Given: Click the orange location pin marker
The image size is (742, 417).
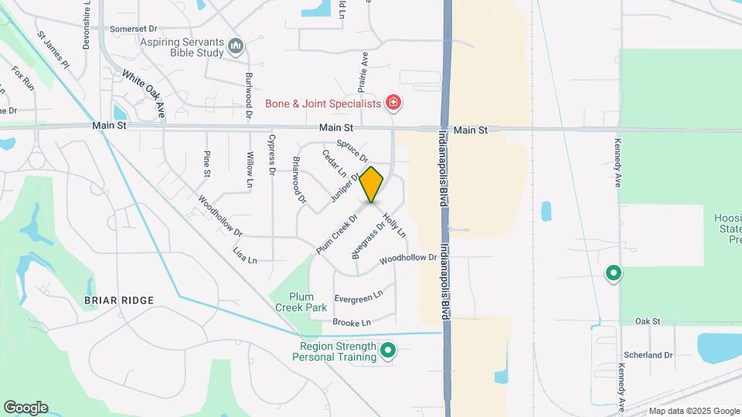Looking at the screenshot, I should coord(372,184).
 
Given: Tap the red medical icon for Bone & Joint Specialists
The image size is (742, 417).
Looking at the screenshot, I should coord(393,103).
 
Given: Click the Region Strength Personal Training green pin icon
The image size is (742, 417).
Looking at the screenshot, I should coord(389,351).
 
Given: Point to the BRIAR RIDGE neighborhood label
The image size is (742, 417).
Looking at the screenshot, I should coord(120,300).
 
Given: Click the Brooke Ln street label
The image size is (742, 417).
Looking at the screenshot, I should coord(352,322).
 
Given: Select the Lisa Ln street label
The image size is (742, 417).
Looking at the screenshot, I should coord(245,256).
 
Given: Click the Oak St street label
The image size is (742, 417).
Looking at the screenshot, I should coord(648,320).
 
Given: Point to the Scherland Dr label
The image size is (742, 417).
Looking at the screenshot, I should coord(648,354).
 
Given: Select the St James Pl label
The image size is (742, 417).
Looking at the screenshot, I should coord(53,49).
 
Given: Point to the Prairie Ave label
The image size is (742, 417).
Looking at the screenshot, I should coord(363,68).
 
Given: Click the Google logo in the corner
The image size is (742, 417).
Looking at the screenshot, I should coord(26,408).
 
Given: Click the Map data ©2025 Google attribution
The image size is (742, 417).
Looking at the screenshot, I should coord(694,411).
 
